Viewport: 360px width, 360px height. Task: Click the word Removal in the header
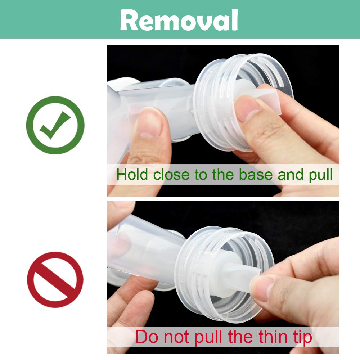coord(179,20)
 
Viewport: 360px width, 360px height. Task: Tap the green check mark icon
coord(55,125)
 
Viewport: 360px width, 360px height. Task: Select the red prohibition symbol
coord(55,280)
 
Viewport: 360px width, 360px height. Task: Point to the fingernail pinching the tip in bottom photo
coord(260,287)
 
